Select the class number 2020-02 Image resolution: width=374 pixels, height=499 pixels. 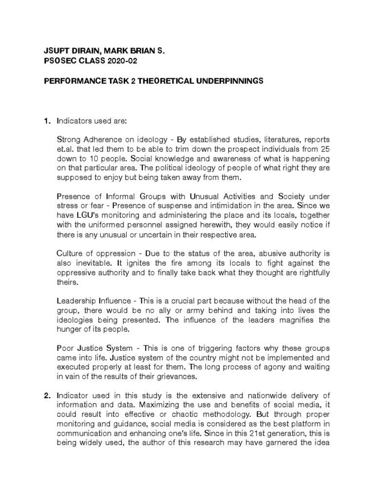coord(115,60)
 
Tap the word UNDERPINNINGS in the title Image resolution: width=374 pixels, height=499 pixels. coord(228,81)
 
